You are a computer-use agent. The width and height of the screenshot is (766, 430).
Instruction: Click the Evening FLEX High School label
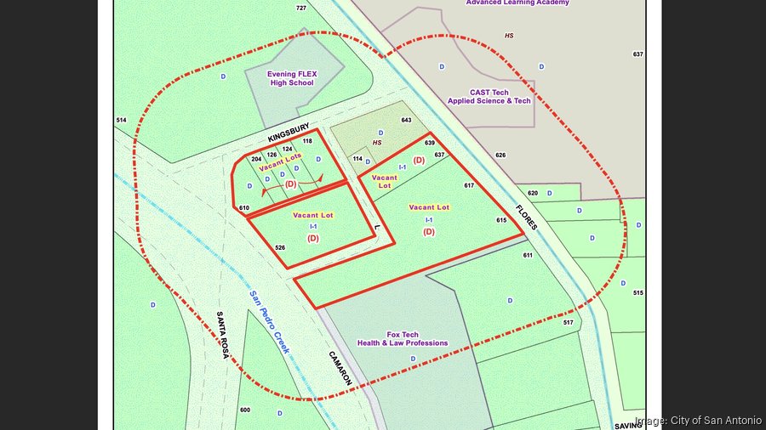(292, 78)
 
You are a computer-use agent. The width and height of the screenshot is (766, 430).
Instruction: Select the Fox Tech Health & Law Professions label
(403, 338)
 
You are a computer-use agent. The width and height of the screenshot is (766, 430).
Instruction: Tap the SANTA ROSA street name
(223, 334)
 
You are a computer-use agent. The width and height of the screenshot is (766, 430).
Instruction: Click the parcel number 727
(301, 8)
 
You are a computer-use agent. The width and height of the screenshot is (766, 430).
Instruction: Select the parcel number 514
(121, 121)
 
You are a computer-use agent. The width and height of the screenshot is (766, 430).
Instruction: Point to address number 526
(280, 247)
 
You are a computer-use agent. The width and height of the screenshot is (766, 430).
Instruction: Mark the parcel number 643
(406, 121)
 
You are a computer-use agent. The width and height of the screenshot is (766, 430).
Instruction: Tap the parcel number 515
(638, 292)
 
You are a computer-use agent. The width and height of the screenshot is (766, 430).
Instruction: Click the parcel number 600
(245, 410)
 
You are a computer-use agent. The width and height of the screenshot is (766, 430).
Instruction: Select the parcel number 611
(528, 255)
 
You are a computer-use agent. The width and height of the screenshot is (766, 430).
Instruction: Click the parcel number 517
(569, 323)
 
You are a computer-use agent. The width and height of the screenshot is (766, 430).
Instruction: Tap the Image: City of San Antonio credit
(698, 420)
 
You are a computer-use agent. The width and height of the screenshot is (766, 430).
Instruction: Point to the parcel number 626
(500, 155)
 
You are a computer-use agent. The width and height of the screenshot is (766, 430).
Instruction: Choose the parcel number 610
(244, 207)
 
